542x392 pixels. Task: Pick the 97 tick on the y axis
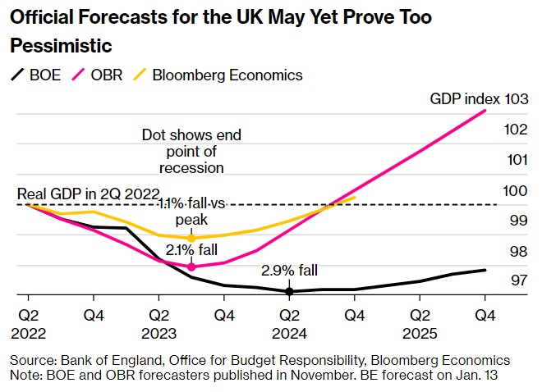coord(517,280)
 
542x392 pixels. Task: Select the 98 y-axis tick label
coord(517,251)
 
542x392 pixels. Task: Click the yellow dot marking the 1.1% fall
coord(191,238)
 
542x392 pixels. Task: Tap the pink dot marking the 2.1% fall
coord(191,267)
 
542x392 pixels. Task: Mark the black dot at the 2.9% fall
coord(289,291)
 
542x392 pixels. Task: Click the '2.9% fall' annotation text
coord(289,271)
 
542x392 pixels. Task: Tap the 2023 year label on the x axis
coord(159,333)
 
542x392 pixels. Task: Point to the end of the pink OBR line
coord(498,110)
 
